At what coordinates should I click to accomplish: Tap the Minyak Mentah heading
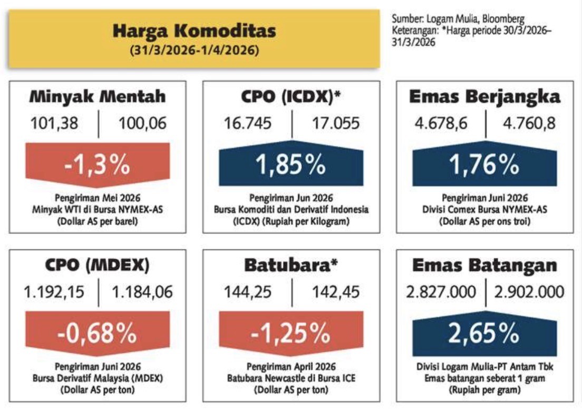pos(97,97)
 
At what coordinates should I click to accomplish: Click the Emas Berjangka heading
pos(484,97)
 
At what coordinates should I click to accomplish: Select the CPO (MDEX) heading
pos(97,265)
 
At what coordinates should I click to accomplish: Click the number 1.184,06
pos(140,291)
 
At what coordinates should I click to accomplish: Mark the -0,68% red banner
pos(97,332)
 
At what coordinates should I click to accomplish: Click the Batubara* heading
pos(291,265)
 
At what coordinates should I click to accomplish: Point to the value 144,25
pos(248,291)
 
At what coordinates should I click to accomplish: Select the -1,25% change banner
pos(291,332)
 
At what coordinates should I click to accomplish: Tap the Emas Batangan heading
pos(484,265)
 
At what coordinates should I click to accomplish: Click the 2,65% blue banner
pos(484,332)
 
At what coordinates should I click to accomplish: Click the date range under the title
pos(194,51)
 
